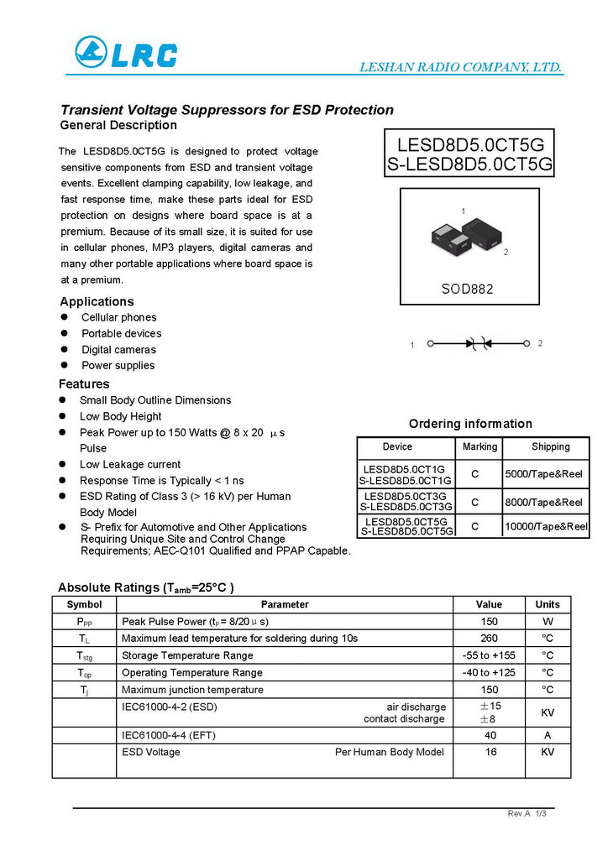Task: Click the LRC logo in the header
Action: (126, 53)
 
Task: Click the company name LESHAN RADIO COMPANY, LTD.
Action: (460, 67)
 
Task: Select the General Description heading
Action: (118, 125)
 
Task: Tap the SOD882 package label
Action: (468, 289)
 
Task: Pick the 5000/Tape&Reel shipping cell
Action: (543, 474)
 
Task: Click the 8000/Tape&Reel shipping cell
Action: (543, 502)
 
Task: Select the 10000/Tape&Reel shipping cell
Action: (546, 526)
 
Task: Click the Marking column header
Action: (479, 446)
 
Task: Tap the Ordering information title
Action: (470, 424)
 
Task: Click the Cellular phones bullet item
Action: (118, 317)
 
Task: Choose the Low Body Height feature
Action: (120, 416)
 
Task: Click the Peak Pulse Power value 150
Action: (489, 622)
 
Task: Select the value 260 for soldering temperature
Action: (489, 639)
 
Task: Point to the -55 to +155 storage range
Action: (489, 655)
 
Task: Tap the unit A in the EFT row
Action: (548, 735)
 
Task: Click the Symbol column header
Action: (84, 604)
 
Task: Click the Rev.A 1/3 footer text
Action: (527, 814)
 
